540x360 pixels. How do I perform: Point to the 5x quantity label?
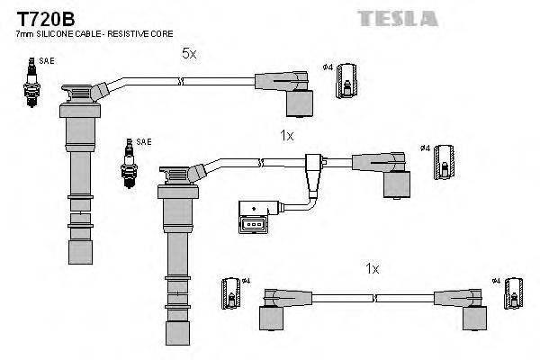[x=188, y=54]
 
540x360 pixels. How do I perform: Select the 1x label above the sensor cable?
[x=287, y=135]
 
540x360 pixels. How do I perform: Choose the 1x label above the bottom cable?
[x=372, y=268]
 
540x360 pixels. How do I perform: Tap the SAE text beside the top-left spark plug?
[x=40, y=60]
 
